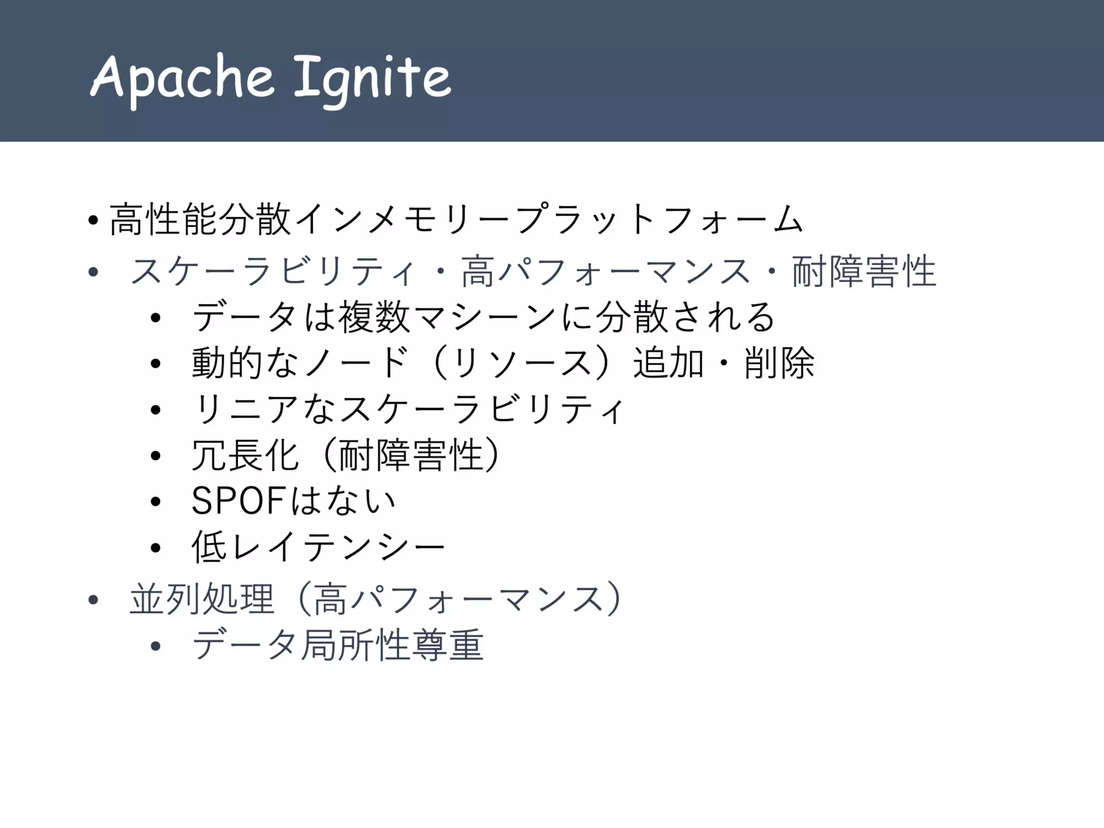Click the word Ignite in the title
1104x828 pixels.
click(x=372, y=79)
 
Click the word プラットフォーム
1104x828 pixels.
click(x=660, y=220)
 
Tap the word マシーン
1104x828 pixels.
click(x=485, y=317)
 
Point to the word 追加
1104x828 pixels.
click(x=668, y=363)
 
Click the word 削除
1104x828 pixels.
click(x=779, y=363)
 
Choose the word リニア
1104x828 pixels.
click(x=245, y=409)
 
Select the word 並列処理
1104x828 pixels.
click(x=202, y=599)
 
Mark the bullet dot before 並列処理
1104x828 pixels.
click(x=93, y=600)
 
